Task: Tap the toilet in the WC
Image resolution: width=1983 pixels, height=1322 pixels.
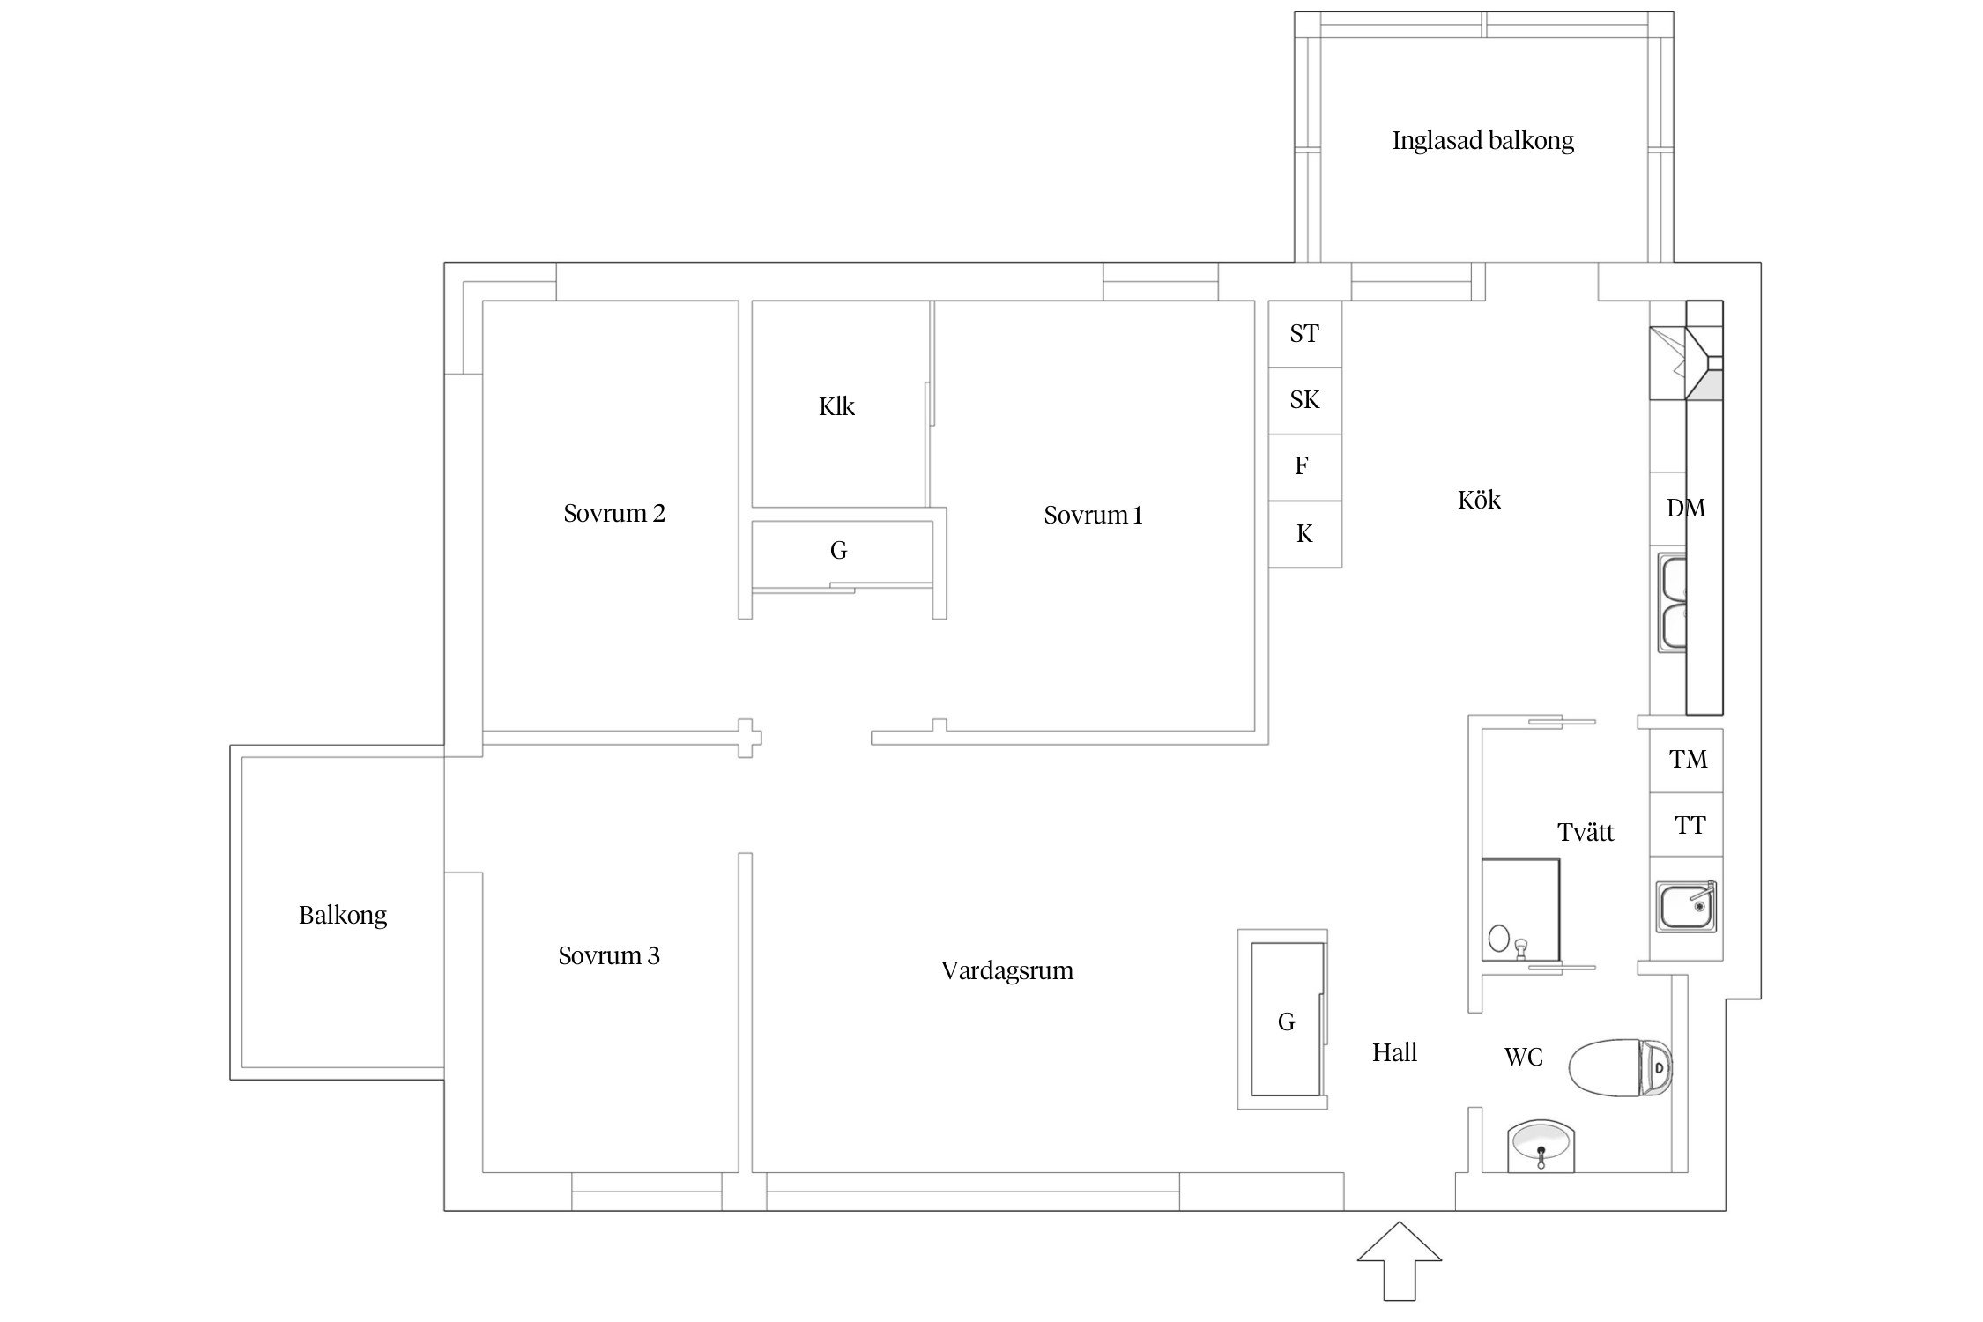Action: tap(1620, 1068)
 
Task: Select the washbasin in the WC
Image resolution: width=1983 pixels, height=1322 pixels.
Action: tap(1540, 1146)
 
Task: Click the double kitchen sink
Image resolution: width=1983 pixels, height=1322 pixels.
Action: tap(1672, 603)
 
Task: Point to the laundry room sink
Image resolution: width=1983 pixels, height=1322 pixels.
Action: tap(1685, 906)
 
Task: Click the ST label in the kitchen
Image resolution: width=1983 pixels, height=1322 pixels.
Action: tap(1304, 334)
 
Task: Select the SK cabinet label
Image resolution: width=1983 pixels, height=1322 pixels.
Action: tap(1304, 400)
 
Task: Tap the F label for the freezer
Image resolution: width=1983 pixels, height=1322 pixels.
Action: tap(1302, 466)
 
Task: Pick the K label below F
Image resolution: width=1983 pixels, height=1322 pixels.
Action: tap(1304, 533)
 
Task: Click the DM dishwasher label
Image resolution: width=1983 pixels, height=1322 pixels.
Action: tap(1685, 508)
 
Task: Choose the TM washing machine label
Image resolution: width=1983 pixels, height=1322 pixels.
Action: tap(1688, 759)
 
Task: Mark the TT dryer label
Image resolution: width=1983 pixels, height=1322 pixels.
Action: tap(1690, 826)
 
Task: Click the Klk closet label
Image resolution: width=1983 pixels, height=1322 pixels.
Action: tap(836, 406)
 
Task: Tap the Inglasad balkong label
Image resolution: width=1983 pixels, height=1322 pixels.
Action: tap(1482, 141)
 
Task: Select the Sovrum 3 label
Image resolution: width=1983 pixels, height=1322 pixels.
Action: tap(609, 955)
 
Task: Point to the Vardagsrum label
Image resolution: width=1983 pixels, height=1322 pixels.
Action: tap(1006, 971)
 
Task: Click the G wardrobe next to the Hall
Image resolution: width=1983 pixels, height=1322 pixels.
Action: tap(1286, 1022)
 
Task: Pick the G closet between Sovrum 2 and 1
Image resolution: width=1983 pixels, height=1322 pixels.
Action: tap(838, 551)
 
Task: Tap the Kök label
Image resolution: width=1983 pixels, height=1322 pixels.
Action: tap(1479, 501)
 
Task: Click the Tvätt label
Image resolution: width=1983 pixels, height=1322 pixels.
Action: tap(1586, 832)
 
